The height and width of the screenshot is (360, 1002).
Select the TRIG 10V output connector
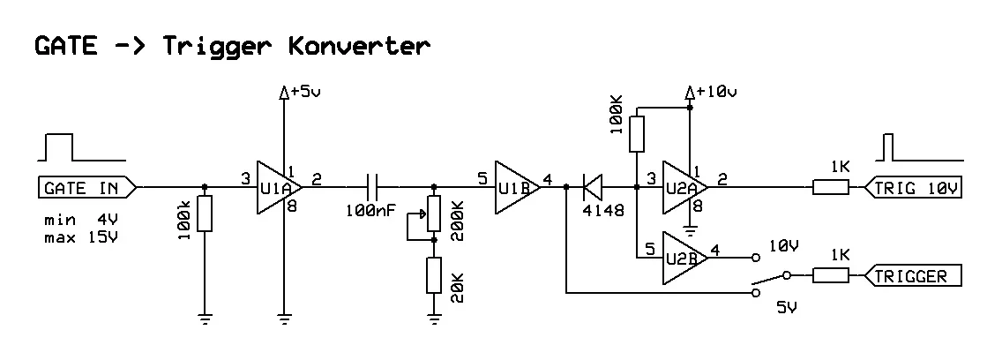point(914,187)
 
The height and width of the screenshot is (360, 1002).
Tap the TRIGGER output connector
point(914,276)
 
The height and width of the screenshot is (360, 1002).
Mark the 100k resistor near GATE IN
point(205,214)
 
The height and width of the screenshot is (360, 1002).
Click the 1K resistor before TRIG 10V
point(830,187)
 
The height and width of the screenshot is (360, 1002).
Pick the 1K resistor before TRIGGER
point(830,276)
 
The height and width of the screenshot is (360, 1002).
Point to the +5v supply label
point(303,91)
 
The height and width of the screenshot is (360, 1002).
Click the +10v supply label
point(714,91)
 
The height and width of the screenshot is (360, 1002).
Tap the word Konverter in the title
point(359,45)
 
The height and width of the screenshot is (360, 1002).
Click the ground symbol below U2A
point(691,232)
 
